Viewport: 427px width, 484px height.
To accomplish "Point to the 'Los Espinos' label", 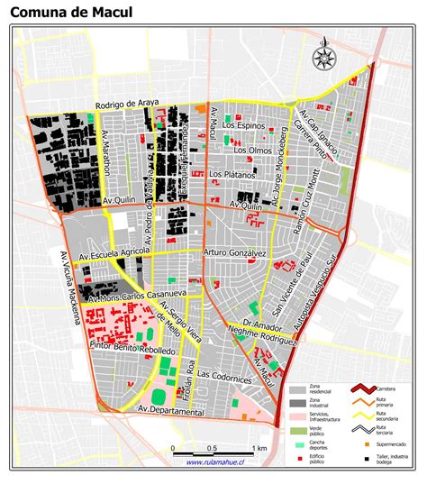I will (x=247, y=127).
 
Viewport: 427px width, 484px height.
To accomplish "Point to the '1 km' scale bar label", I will (x=260, y=448).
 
